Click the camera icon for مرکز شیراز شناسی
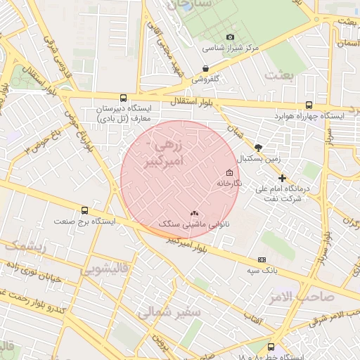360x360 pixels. pos(229,37)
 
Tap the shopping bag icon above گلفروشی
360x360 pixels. pos(205,68)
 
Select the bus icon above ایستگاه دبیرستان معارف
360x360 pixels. pos(124,98)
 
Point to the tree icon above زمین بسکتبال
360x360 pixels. pos(259,148)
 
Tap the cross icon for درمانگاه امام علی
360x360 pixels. pos(282,179)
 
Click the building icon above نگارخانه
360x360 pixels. pos(229,173)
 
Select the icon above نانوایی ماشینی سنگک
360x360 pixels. pos(194,212)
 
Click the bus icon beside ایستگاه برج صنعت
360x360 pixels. pos(85,210)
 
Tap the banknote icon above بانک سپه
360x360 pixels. pos(262,259)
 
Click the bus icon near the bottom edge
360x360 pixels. pos(271,346)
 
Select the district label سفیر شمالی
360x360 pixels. pos(169,311)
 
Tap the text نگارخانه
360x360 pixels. pos(229,184)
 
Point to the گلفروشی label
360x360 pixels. pos(205,79)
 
